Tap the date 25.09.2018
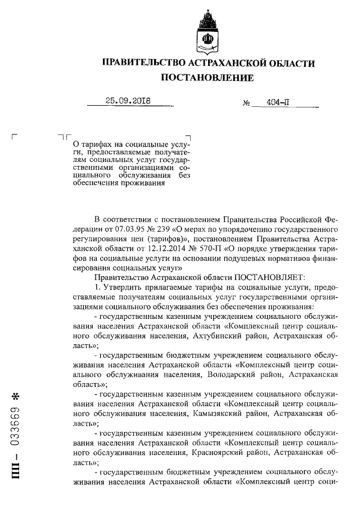129,102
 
